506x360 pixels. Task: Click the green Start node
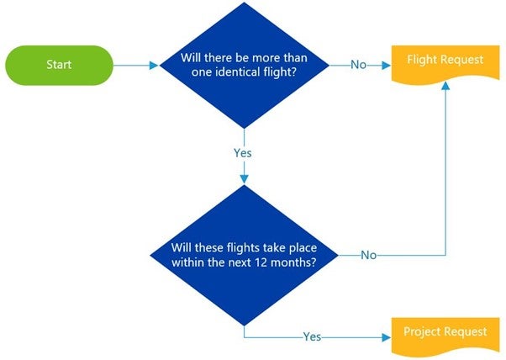pos(59,65)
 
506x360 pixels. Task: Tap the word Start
pos(59,65)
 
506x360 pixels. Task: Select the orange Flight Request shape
pos(445,63)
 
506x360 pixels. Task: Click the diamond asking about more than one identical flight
pos(244,65)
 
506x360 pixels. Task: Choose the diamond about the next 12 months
pos(244,255)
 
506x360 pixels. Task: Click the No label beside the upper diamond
pos(359,65)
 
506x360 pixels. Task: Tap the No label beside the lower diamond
pos(368,255)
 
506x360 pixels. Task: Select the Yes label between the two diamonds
pos(243,153)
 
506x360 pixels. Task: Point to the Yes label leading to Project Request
pos(312,336)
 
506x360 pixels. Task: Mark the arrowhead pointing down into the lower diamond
pos(244,178)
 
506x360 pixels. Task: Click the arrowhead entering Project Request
pos(387,336)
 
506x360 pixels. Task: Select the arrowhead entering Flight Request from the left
pos(387,65)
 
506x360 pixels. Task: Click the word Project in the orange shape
pos(423,331)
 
